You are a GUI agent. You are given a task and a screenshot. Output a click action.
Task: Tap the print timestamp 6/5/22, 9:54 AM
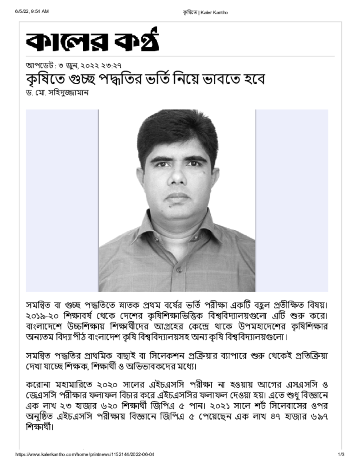(32, 12)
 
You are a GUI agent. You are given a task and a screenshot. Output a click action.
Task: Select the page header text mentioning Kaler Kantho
(205, 12)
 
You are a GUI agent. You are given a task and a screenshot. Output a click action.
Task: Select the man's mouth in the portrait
(177, 197)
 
